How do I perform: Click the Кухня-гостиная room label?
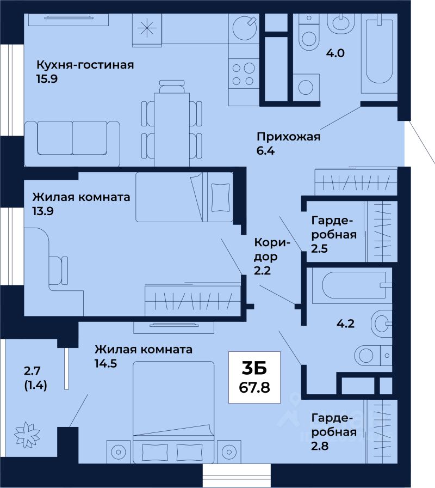coord(85,65)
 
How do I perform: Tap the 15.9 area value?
coord(47,79)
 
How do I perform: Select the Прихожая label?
coord(288,137)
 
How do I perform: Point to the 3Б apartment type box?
coord(254,377)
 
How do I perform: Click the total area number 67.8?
coord(254,387)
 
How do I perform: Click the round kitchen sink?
coord(244,28)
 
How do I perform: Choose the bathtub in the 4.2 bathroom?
coord(352,286)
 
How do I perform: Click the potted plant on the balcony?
coord(27,435)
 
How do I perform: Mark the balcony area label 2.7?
coord(32,371)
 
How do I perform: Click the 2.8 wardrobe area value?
coord(320,446)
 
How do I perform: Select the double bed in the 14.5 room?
coord(173,412)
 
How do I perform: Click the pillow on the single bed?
coord(220,197)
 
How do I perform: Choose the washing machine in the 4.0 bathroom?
coord(306,88)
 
